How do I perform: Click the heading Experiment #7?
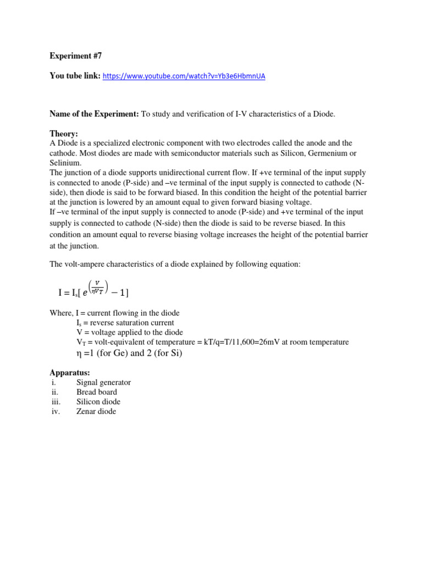point(70,56)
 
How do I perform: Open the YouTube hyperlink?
point(184,76)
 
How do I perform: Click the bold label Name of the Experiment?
point(95,114)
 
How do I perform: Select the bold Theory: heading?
point(64,134)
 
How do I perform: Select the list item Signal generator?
point(103,382)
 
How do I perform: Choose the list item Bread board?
point(97,392)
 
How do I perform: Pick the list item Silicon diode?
point(98,402)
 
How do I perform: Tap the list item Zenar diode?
point(96,411)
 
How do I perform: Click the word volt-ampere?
point(85,264)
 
